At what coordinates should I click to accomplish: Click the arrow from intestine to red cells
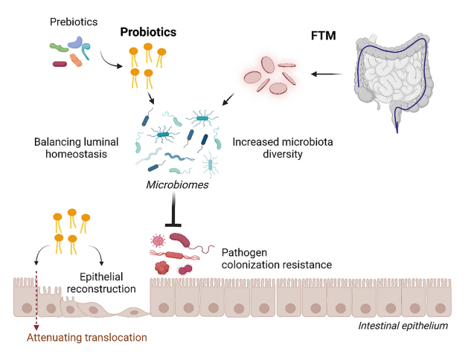(327, 74)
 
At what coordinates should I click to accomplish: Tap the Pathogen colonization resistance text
(271, 258)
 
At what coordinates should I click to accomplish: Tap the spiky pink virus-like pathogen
(158, 242)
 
